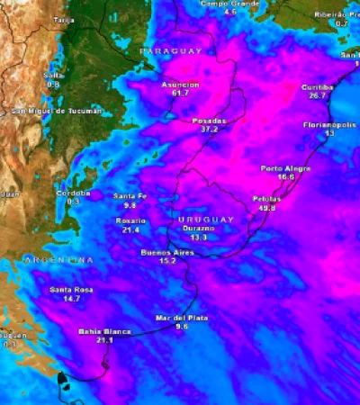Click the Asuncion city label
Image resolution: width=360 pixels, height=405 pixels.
click(x=180, y=84)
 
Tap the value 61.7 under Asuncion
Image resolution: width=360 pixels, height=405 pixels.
click(x=180, y=93)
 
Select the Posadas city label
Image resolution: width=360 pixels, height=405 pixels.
click(x=210, y=120)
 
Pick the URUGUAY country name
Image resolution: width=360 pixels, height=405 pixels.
click(x=206, y=220)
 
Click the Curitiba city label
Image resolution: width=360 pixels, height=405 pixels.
click(x=317, y=86)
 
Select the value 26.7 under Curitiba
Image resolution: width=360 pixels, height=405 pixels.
click(x=317, y=95)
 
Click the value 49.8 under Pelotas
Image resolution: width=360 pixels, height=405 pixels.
click(x=266, y=208)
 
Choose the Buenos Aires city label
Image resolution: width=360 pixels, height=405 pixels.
click(x=166, y=253)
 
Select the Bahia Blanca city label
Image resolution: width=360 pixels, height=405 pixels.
click(x=104, y=332)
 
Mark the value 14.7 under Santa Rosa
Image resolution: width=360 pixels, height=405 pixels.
click(x=73, y=298)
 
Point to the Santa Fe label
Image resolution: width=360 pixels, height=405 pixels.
click(x=130, y=196)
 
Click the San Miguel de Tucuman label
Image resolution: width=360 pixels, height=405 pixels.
click(x=56, y=111)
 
